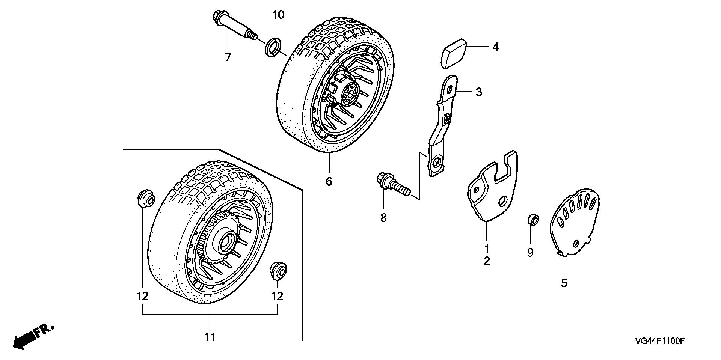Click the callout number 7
[228, 57]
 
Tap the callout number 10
[278, 15]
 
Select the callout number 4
[495, 47]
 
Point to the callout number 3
[478, 92]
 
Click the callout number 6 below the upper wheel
[329, 182]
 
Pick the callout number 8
[383, 218]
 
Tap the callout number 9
[530, 253]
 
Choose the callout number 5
[564, 283]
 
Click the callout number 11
[210, 337]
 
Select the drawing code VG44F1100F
[661, 341]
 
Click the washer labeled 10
[273, 47]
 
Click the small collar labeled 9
[533, 220]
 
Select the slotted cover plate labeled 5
[574, 221]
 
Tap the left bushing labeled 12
[146, 199]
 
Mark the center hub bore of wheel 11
[227, 243]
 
